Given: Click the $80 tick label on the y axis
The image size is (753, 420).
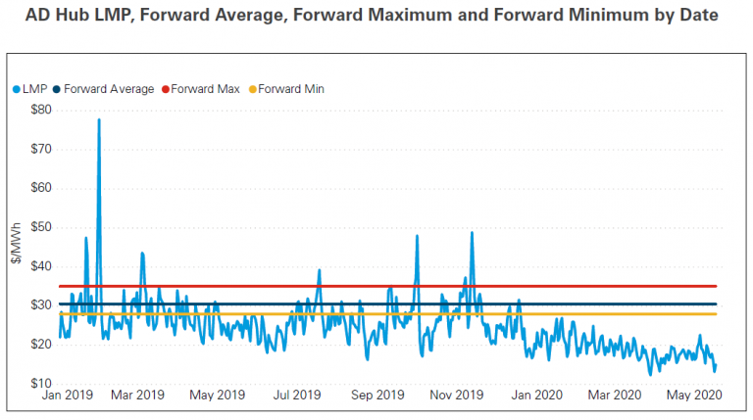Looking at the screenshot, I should click(x=41, y=110).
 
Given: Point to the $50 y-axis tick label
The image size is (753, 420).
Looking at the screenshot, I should click(x=41, y=227).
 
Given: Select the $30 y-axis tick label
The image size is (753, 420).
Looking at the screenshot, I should click(x=41, y=305).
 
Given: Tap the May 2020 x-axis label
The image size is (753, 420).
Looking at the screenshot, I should click(x=695, y=396).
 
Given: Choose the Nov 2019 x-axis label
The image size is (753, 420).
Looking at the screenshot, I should click(x=456, y=396).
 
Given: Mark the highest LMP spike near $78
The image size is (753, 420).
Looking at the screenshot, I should click(x=99, y=119).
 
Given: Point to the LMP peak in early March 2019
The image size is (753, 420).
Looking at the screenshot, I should click(x=142, y=253).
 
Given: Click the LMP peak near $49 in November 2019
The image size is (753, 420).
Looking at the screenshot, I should click(x=472, y=233).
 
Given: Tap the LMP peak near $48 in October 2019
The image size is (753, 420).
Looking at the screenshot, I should click(x=417, y=236).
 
